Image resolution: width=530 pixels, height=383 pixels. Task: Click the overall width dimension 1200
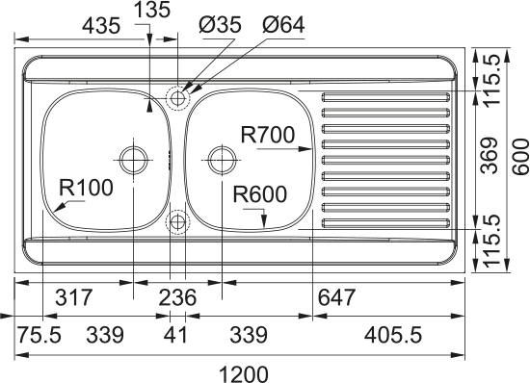244,374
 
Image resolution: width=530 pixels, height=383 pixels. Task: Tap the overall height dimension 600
520,157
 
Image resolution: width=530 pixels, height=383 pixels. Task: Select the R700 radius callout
268,135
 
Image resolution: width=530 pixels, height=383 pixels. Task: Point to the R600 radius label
260,194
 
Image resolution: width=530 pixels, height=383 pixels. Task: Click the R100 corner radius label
86,188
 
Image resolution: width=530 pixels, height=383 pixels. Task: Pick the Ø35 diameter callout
221,25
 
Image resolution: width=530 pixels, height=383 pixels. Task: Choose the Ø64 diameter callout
283,25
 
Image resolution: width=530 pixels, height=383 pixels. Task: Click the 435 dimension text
102,26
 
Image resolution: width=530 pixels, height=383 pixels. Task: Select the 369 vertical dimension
490,155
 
